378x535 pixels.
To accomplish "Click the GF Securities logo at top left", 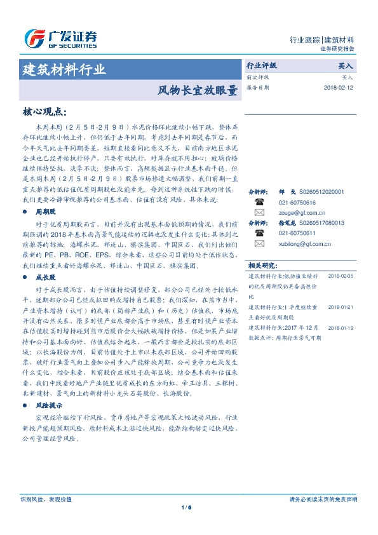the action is click(x=60, y=39).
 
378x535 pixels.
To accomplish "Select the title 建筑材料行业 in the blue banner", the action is click(x=64, y=70).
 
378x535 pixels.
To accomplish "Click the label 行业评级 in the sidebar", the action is click(x=262, y=65).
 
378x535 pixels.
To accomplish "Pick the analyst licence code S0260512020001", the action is click(x=320, y=191).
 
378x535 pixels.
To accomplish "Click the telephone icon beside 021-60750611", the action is click(x=259, y=233).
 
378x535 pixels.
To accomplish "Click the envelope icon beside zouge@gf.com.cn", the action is click(x=259, y=212).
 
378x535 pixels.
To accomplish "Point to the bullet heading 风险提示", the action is click(x=48, y=404).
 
